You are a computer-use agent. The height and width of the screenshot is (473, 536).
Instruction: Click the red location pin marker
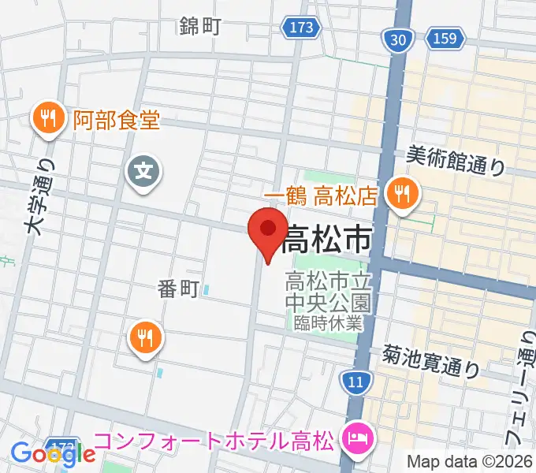coord(268,230)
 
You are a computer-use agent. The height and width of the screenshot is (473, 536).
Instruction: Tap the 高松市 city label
coord(326,238)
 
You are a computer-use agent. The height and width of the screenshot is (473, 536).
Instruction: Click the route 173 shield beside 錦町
coord(300,28)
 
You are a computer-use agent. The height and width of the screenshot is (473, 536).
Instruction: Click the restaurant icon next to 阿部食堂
coord(49,120)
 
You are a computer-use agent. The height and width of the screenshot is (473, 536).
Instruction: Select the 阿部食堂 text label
coord(117,121)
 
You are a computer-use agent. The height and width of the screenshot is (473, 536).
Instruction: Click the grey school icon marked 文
coord(144,169)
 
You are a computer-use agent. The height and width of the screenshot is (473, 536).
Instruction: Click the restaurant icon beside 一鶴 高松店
coord(403,193)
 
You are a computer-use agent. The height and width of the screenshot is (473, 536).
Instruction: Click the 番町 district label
coord(175,290)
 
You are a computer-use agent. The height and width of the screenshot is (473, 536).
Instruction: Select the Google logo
coord(53,454)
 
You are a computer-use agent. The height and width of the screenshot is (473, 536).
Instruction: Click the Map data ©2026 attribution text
coord(470,461)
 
